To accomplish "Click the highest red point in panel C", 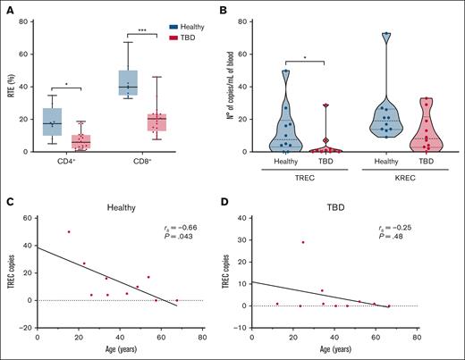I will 69,232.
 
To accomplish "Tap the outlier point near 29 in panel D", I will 303,242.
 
